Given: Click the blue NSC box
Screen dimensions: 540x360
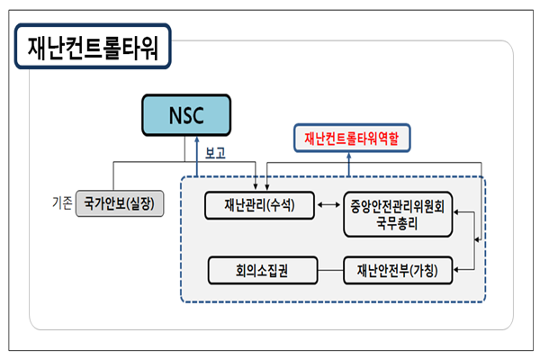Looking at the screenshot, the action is point(186,115).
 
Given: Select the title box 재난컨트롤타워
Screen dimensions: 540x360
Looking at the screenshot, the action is point(93,46).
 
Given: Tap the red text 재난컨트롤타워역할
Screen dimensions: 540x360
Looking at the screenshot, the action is point(352,138).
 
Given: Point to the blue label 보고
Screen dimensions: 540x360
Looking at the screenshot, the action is point(215,153).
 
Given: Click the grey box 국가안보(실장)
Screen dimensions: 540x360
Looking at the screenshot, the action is point(120,203).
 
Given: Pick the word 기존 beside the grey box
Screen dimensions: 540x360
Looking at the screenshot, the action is point(62,202).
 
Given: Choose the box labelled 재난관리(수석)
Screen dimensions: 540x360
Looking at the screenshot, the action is point(260,205).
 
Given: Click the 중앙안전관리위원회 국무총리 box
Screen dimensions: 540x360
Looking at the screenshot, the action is point(398,214).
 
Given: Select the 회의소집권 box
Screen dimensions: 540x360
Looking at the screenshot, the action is point(263,270).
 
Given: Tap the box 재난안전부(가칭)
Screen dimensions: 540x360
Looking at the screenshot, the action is point(398,270).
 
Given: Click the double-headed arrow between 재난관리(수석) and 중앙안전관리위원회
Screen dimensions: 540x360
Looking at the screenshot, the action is point(328,205).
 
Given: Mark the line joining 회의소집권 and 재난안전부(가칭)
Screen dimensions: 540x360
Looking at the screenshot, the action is point(330,270).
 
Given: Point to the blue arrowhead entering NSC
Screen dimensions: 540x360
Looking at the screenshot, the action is point(197,139).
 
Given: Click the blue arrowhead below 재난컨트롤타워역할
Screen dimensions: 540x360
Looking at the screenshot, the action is point(349,156).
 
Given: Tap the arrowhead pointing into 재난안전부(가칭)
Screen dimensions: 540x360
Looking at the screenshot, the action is point(456,270).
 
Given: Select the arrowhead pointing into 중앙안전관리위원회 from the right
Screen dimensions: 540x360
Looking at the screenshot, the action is point(456,211).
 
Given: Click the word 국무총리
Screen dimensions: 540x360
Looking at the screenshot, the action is point(397,224).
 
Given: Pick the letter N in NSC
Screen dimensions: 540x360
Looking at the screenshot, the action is point(175,115).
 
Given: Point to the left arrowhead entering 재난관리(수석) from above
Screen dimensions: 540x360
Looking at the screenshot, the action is point(256,186).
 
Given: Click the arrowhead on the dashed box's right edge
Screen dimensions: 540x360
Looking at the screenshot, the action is point(477,239).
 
